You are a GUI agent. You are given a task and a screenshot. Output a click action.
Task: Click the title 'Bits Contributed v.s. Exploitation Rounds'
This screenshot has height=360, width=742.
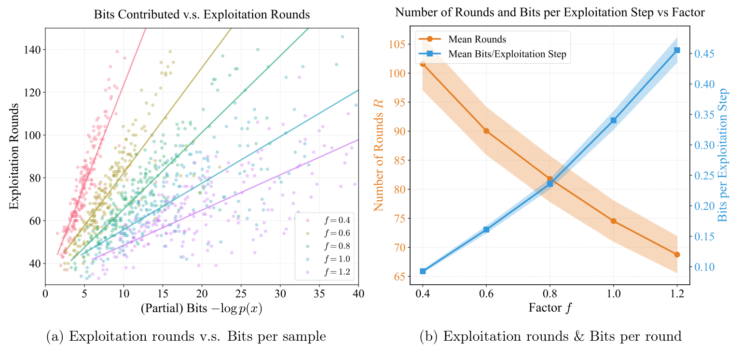point(202,14)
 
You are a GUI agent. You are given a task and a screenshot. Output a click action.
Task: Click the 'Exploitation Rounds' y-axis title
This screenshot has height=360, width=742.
point(14,156)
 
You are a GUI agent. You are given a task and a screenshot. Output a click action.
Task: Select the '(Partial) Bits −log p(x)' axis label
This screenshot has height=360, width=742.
point(201,309)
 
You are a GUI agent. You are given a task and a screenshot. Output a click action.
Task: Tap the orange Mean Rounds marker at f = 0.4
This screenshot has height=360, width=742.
point(423,64)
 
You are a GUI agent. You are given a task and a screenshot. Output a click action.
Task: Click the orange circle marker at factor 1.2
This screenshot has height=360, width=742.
point(677,254)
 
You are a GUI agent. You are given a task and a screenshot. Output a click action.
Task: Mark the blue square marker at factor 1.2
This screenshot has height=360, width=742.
point(677,50)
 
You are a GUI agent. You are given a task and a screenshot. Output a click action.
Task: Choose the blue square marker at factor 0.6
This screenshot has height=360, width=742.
point(486,230)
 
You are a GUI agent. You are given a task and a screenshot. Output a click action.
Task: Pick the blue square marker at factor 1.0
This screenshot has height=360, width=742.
point(613,120)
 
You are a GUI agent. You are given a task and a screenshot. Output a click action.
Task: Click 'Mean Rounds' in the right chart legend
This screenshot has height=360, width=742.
point(477,39)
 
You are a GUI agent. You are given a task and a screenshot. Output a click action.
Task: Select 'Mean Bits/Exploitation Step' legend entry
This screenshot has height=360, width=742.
point(507,55)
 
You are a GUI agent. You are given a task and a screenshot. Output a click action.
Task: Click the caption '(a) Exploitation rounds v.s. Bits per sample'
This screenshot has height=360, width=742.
point(186,336)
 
